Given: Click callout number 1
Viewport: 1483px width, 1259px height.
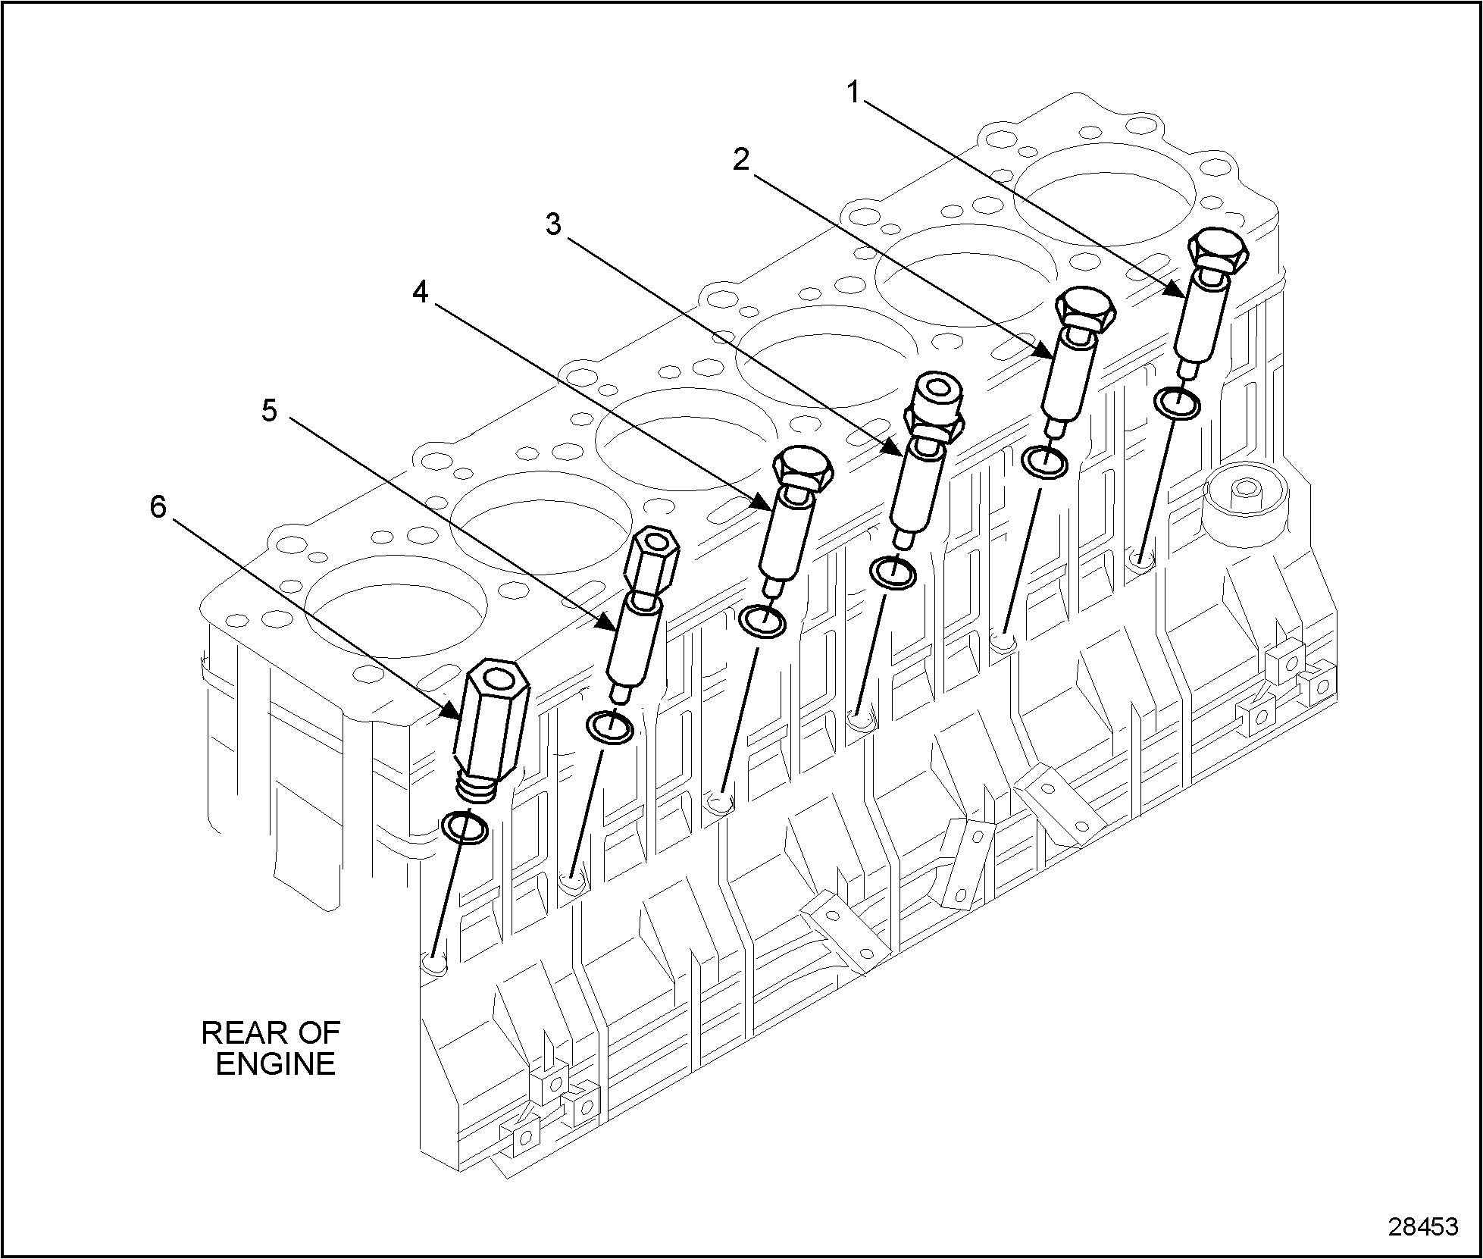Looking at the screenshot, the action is [x=854, y=92].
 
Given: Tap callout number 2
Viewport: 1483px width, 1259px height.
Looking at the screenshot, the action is [x=741, y=159].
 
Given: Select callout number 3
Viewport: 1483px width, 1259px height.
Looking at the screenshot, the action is [x=555, y=224].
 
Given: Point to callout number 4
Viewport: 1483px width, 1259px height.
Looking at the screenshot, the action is [x=421, y=291].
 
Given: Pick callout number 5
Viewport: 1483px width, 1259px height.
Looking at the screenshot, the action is [x=271, y=410].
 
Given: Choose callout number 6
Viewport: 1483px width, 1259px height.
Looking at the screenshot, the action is [x=158, y=507].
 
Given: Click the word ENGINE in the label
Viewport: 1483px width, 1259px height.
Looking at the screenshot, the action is [x=275, y=1064].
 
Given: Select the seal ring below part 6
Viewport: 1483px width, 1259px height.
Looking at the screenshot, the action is [x=465, y=827].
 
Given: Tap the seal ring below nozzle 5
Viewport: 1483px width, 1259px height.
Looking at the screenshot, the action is [x=611, y=728].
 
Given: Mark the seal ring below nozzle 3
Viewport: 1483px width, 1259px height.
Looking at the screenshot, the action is [x=893, y=573].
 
